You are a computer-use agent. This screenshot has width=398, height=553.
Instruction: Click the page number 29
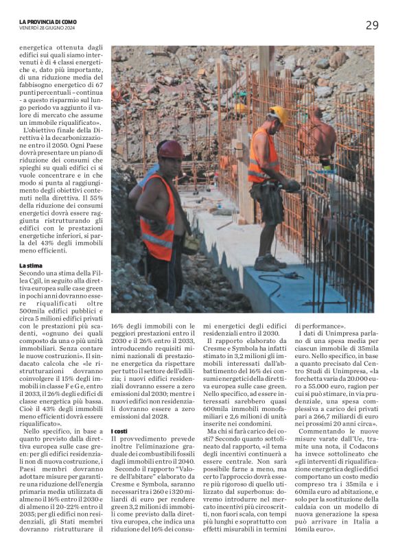coord(371,25)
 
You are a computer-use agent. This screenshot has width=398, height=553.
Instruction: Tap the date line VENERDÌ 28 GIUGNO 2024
coord(46,29)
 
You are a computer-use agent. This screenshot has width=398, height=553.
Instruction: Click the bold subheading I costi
coord(119,412)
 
